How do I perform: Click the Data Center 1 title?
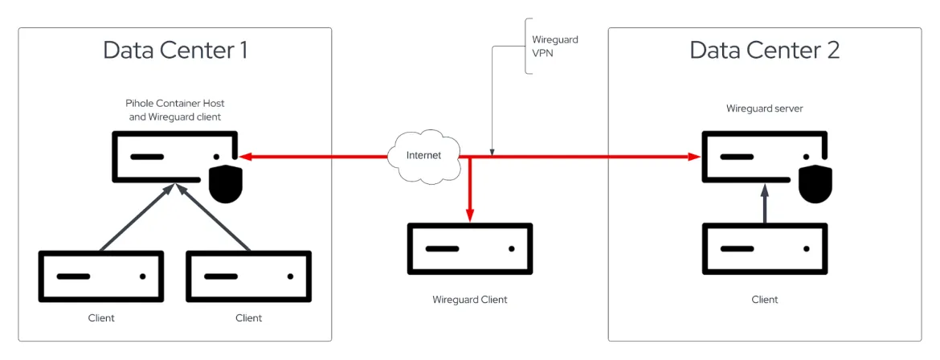pyautogui.click(x=175, y=50)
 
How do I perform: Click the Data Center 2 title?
pyautogui.click(x=764, y=50)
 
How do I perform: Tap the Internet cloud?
pyautogui.click(x=423, y=155)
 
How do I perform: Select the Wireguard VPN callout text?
pyautogui.click(x=555, y=46)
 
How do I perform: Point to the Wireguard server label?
pyautogui.click(x=764, y=108)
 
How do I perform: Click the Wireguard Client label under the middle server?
pyautogui.click(x=470, y=300)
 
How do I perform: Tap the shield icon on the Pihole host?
pyautogui.click(x=226, y=185)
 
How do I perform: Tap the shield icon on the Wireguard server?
pyautogui.click(x=815, y=185)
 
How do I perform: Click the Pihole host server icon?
pyautogui.click(x=174, y=157)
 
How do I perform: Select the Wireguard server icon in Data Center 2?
pyautogui.click(x=763, y=157)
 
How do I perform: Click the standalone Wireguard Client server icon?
pyautogui.click(x=470, y=248)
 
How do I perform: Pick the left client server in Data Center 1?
pyautogui.click(x=101, y=276)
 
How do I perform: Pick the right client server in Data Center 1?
pyautogui.click(x=249, y=276)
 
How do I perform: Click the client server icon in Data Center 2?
pyautogui.click(x=764, y=249)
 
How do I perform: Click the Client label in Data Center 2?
pyautogui.click(x=764, y=300)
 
